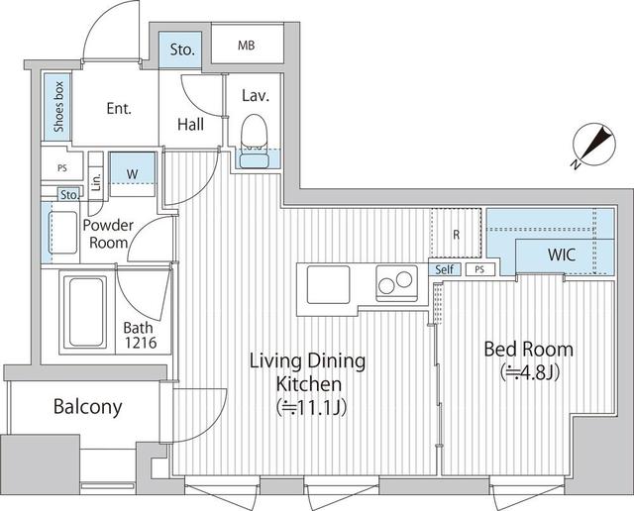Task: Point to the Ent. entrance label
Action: pyautogui.click(x=118, y=109)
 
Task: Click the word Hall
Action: pyautogui.click(x=191, y=124)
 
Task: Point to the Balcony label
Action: pyautogui.click(x=87, y=406)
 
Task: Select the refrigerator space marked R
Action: pyautogui.click(x=455, y=236)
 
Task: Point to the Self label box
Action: pyautogui.click(x=444, y=268)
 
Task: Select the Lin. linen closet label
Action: pyautogui.click(x=95, y=181)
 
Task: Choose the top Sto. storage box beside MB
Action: pyautogui.click(x=180, y=49)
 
